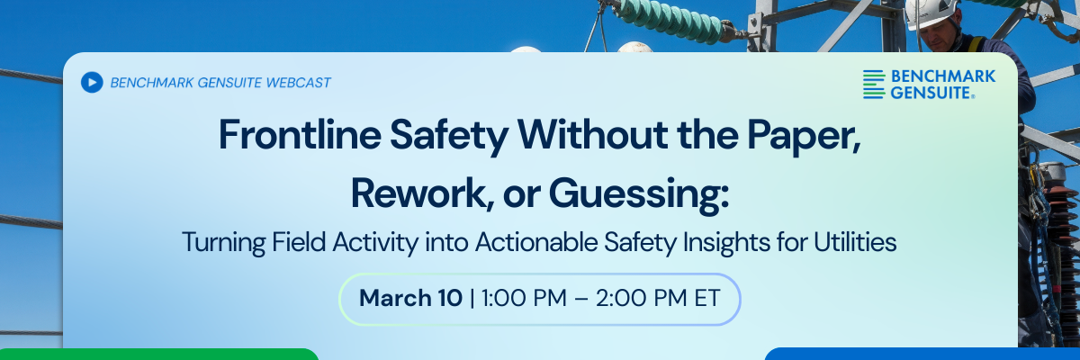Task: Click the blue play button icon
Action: pos(91,82)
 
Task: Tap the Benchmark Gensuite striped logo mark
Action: pos(874,84)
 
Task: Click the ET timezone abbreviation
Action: pos(706,298)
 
